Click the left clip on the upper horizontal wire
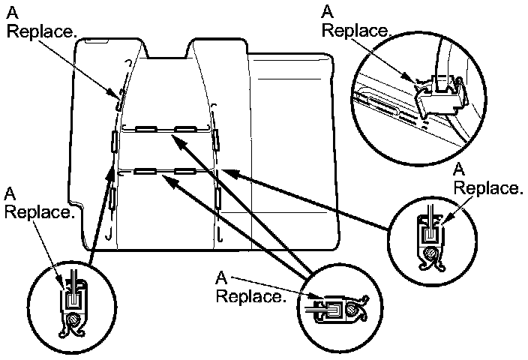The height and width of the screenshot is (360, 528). point(145,128)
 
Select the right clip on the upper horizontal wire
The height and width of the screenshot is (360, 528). point(184,128)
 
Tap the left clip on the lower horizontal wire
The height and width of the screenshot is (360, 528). point(145,171)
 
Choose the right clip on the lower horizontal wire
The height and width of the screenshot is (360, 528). point(184,171)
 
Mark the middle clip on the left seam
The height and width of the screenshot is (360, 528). point(114,140)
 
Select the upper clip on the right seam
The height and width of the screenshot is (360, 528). point(215,137)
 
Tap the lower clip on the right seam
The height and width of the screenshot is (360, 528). point(217,196)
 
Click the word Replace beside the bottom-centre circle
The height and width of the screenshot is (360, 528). point(250,296)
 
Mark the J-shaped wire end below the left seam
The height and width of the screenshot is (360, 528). point(110,235)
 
